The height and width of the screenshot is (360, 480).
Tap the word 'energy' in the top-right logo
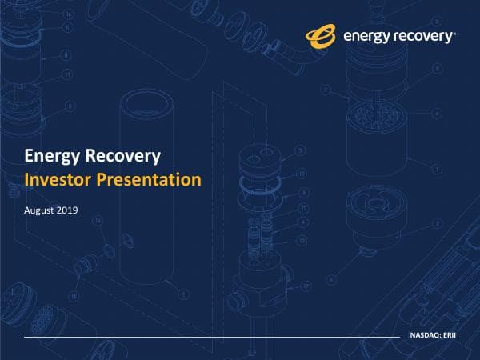pyautogui.click(x=365, y=35)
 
